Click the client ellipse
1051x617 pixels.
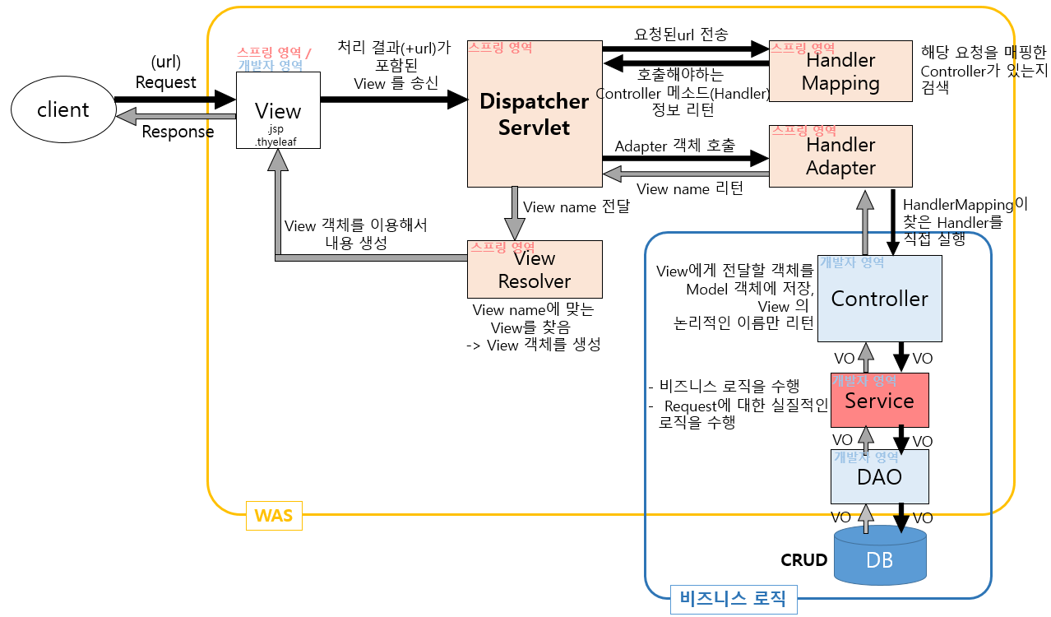tap(63, 109)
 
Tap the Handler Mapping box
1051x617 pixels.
tap(840, 72)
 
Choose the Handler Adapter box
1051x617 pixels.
tap(840, 156)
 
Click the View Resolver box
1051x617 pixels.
tap(535, 270)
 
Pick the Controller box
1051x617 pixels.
tap(879, 299)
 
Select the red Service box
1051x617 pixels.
tap(879, 401)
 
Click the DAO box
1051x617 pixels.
tap(879, 476)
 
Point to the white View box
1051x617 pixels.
tap(278, 110)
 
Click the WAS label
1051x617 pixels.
tap(274, 516)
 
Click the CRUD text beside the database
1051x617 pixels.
tap(803, 560)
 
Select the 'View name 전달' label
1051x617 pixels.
tap(576, 207)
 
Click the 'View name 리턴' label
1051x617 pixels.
tap(689, 189)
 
